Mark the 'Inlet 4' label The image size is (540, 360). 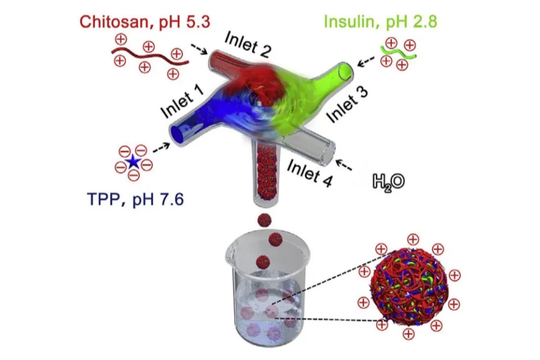coord(310,173)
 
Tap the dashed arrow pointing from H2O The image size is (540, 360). coord(344,165)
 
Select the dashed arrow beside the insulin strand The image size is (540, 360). coord(366,61)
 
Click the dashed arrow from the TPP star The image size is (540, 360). coord(161,147)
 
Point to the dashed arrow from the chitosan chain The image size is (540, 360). coord(199,49)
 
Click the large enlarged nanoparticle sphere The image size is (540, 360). coord(409,287)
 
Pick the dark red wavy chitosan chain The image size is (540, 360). coord(149,57)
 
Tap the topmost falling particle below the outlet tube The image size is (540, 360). coord(264,220)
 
